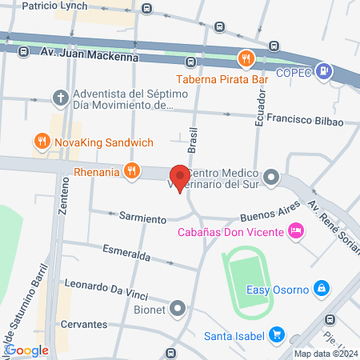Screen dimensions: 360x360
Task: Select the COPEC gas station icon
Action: click(323, 70)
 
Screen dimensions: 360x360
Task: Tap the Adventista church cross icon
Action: click(60, 98)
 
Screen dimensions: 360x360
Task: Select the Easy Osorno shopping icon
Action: click(321, 287)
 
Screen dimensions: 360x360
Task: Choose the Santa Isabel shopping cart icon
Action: click(277, 334)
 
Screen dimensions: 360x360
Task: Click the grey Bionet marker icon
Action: click(178, 307)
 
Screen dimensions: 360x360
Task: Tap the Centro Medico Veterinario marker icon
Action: click(272, 176)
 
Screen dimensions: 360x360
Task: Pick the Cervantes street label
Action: click(84, 324)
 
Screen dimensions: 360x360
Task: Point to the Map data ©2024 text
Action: click(325, 354)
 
